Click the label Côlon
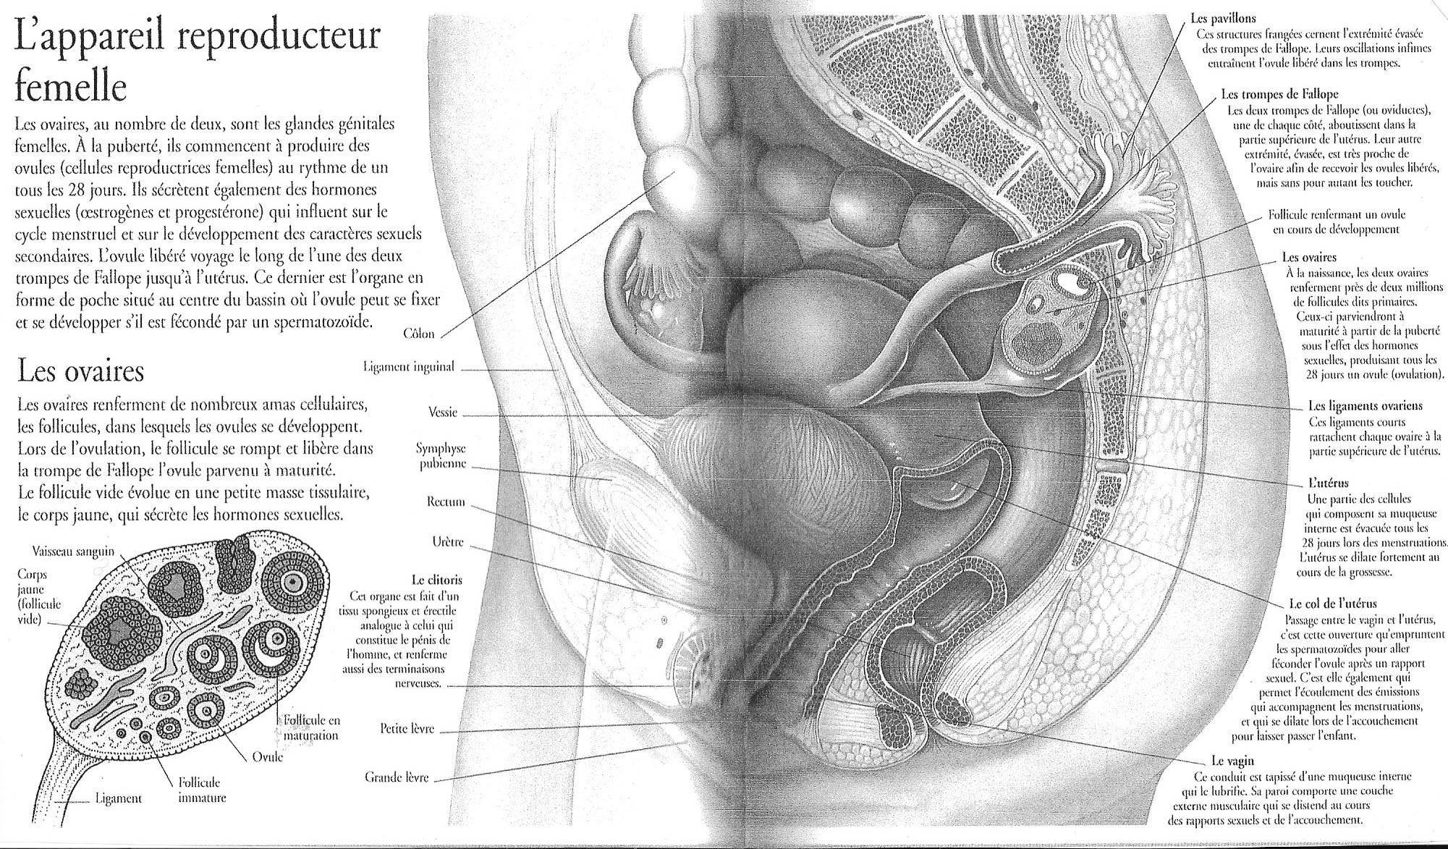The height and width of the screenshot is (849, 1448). coord(419,334)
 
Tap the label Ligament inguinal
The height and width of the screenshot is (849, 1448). coord(408,367)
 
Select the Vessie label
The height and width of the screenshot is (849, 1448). coord(443,413)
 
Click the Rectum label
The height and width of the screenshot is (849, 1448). coord(446,502)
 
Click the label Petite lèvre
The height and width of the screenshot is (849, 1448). coord(407,729)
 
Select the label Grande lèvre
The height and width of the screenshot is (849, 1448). coord(397,778)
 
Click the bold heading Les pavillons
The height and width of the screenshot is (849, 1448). coord(1223,19)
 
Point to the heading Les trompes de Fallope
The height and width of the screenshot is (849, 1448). coord(1279,94)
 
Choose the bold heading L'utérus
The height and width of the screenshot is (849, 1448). coord(1328,483)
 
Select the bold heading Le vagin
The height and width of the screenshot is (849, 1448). coord(1232,761)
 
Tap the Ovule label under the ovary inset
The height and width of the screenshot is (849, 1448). coord(267,757)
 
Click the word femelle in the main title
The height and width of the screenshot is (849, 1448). coord(71,88)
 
